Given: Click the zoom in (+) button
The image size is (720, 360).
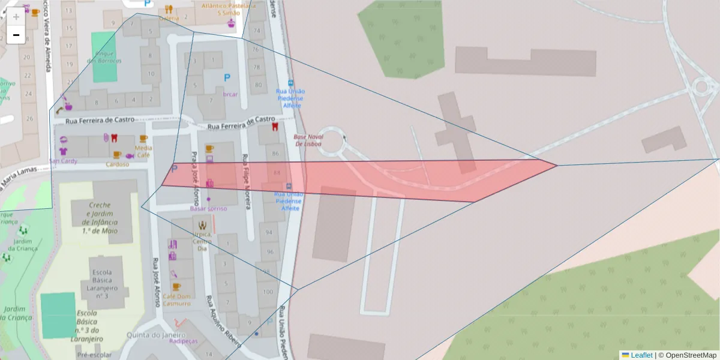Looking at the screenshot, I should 16,16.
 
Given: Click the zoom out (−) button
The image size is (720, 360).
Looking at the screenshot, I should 16,35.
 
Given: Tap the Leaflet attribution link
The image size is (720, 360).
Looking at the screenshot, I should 641,355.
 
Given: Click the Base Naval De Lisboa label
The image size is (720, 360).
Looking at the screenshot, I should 307,140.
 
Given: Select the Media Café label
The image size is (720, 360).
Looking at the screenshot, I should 143,151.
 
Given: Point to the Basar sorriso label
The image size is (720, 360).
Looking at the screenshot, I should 208,208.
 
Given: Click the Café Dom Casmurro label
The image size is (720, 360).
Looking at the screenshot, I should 176,300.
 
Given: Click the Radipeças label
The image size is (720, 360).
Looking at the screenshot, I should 183,341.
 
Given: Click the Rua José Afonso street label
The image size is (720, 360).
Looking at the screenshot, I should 157,282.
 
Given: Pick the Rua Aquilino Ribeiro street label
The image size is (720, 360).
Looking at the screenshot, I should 223,322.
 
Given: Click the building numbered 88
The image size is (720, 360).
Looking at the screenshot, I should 277,173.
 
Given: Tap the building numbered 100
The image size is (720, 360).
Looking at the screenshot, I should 268,292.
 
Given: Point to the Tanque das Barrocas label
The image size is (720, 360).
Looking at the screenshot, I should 104,57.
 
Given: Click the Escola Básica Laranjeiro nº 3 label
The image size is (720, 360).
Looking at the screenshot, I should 102,279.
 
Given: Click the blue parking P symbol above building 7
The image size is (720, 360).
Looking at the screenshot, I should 227,77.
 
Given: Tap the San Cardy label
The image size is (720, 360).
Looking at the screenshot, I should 64,161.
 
